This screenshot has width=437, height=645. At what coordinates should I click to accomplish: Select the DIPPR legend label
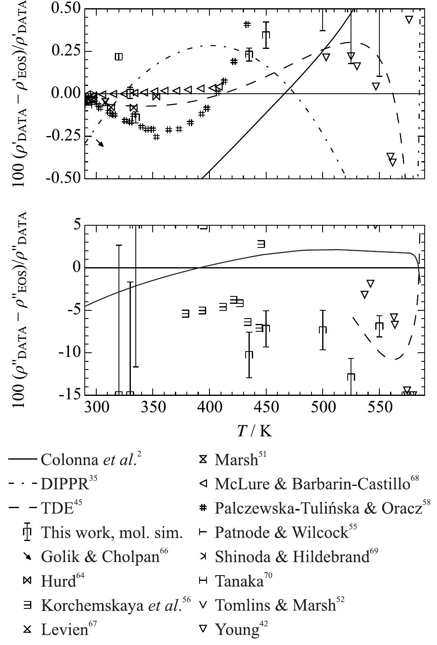[x=65, y=484]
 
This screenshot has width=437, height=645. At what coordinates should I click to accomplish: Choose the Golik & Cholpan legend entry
[x=100, y=557]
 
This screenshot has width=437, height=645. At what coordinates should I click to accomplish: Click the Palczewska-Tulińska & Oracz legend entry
[x=318, y=509]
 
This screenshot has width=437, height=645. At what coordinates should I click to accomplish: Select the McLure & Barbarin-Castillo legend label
[x=312, y=484]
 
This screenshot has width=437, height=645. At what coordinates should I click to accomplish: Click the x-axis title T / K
[x=254, y=431]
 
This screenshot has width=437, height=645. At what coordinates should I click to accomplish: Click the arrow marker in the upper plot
[x=100, y=143]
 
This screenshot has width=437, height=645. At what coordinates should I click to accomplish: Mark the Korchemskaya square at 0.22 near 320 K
[x=119, y=57]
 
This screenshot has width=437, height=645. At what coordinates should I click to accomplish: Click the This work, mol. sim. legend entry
[x=111, y=533]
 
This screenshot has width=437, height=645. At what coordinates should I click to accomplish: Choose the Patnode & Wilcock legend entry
[x=281, y=533]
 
